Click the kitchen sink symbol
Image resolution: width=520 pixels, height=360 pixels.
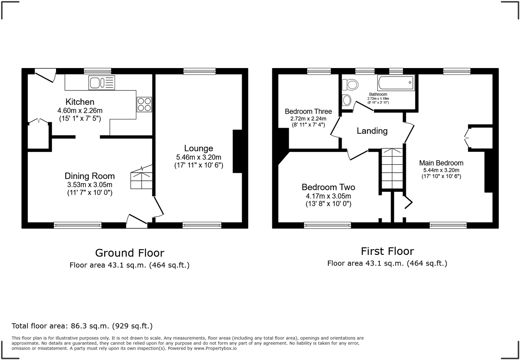click(x=102, y=82)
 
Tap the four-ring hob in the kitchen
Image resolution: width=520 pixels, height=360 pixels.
click(x=144, y=104)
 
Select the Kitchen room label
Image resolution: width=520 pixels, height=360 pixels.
click(x=80, y=102)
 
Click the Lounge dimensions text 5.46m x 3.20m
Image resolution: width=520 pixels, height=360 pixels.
click(x=199, y=157)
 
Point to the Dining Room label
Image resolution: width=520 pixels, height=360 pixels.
click(x=89, y=176)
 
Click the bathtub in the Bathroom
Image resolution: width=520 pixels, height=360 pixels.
click(x=396, y=82)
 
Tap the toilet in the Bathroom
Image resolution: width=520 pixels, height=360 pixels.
click(x=350, y=84)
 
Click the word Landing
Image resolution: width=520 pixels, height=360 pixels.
click(x=372, y=131)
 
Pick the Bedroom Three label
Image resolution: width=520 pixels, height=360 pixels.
click(x=308, y=111)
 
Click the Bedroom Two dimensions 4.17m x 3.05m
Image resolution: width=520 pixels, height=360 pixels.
click(x=328, y=197)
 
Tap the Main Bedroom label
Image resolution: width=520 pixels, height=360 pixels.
click(x=441, y=163)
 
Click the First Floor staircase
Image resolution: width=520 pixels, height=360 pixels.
click(x=392, y=168)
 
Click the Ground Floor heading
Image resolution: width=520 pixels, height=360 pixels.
click(x=130, y=253)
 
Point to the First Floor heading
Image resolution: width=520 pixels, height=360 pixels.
click(x=387, y=251)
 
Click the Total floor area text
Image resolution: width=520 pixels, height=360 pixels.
click(x=82, y=326)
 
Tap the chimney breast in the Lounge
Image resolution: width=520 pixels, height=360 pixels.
click(x=237, y=151)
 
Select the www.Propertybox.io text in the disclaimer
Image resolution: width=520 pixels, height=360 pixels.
click(x=215, y=348)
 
